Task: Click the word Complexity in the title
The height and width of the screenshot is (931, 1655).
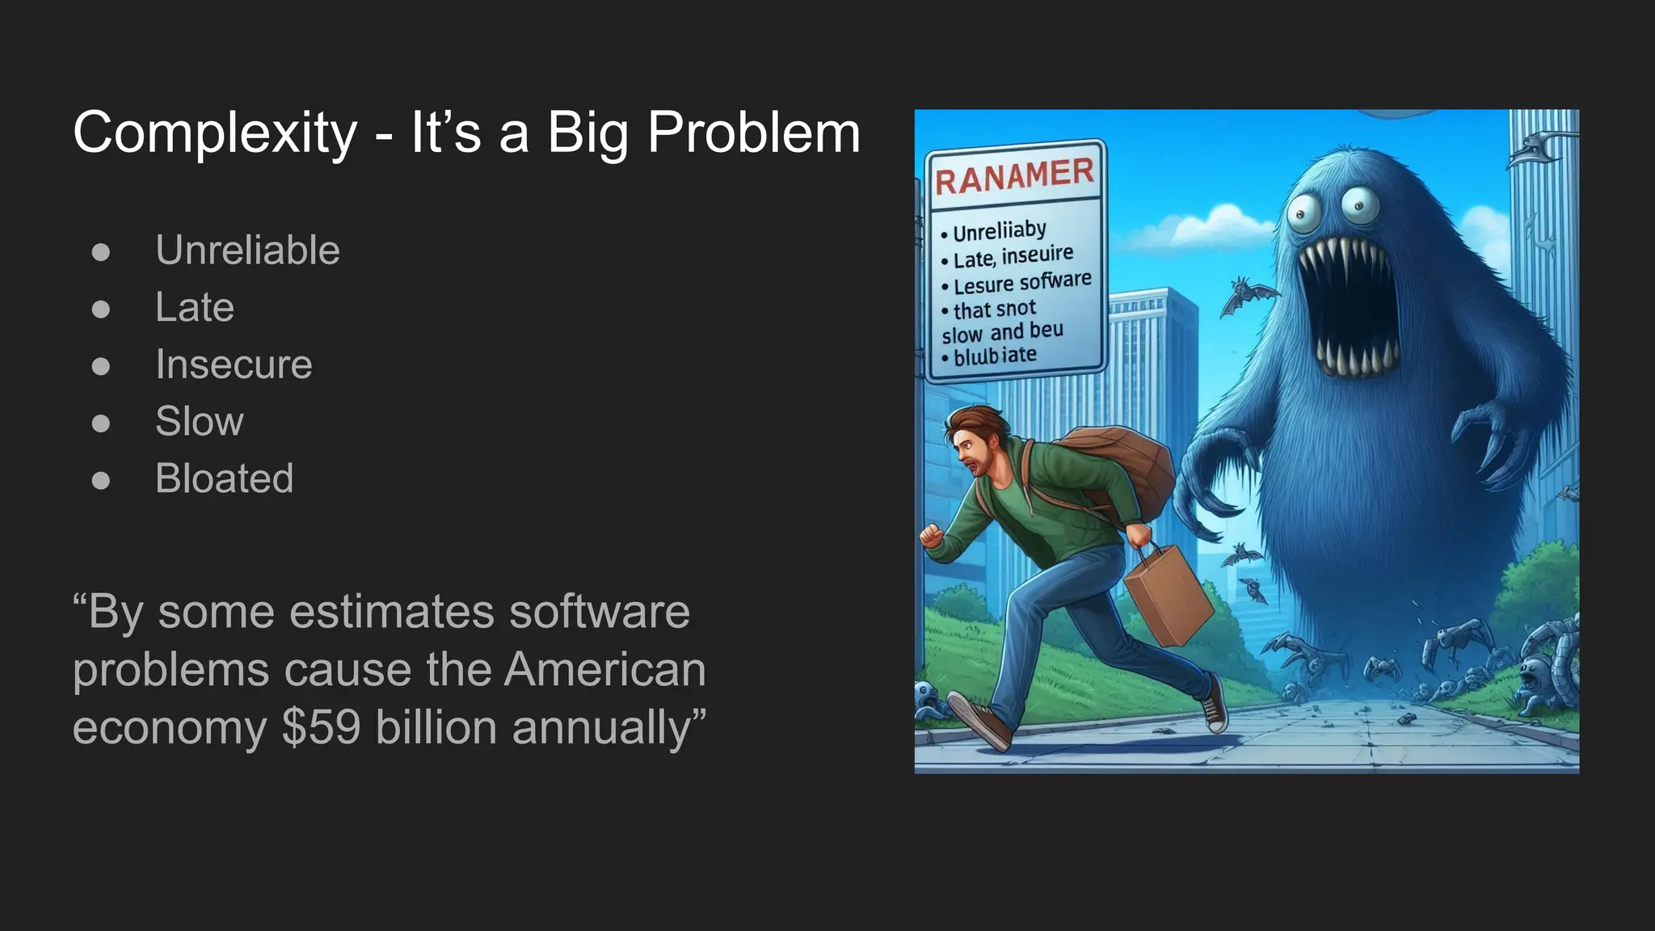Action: [215, 133]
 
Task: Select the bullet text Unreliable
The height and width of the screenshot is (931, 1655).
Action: [247, 250]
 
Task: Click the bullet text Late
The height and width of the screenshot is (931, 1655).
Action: [195, 307]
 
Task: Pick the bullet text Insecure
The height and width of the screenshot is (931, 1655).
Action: [234, 364]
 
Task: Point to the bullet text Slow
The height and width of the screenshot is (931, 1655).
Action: [199, 421]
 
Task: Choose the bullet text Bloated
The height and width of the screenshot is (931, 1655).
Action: [224, 478]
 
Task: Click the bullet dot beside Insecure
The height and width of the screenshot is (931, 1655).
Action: [101, 366]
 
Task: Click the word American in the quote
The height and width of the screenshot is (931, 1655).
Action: [605, 669]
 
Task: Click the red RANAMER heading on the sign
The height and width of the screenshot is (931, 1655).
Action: [1014, 176]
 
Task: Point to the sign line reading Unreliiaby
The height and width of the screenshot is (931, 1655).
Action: [999, 232]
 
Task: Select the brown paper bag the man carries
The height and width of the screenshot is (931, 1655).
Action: [1167, 594]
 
